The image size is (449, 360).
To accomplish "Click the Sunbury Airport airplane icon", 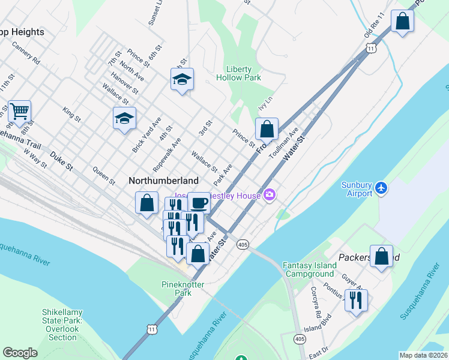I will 381,188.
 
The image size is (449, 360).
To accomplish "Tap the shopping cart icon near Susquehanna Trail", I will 19,111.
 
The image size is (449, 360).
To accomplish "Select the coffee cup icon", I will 199,203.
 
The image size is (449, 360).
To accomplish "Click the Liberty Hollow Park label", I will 243,73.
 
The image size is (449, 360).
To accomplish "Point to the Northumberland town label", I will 163,180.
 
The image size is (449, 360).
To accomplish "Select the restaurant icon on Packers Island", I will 356,300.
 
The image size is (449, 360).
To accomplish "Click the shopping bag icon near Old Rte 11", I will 402,22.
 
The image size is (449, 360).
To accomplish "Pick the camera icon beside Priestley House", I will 270,195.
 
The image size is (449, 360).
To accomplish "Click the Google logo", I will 20,353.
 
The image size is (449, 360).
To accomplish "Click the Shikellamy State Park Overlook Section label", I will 63,325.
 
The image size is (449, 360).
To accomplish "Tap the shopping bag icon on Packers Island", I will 381,256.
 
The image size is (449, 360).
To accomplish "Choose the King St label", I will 71,114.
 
